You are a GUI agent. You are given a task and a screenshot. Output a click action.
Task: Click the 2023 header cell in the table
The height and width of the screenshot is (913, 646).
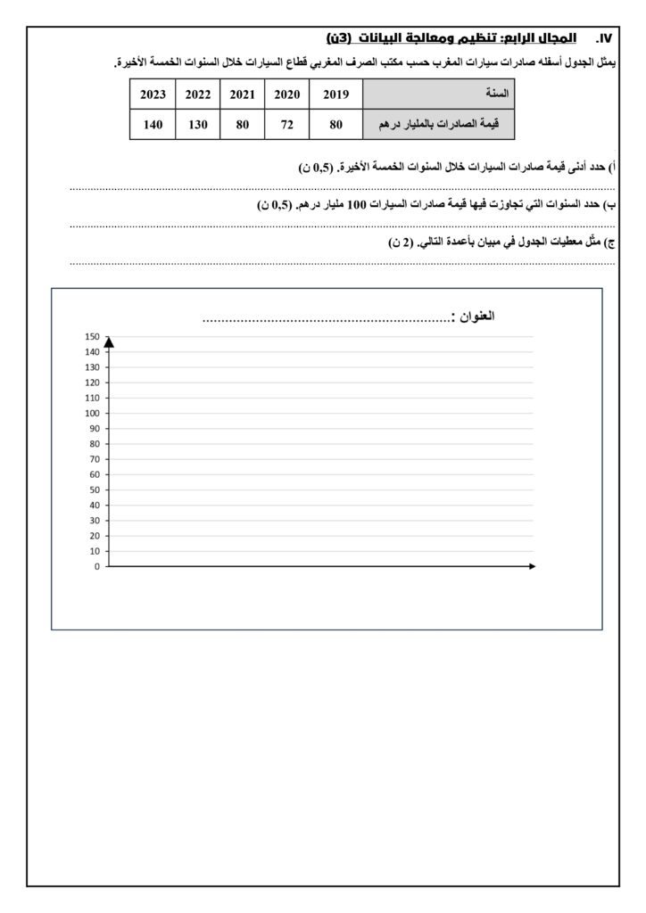(153, 94)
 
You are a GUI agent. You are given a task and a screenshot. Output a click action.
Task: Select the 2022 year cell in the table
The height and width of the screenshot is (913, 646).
(197, 94)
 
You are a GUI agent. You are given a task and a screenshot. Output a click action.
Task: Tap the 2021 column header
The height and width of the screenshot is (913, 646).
(242, 94)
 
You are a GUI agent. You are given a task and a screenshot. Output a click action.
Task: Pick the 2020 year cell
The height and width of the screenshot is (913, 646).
(286, 94)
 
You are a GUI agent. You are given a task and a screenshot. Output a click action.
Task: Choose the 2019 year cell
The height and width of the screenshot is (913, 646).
(335, 94)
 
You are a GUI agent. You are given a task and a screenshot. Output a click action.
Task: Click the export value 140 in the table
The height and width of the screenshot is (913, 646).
(153, 125)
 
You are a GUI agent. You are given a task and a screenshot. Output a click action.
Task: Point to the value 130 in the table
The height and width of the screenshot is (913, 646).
(197, 125)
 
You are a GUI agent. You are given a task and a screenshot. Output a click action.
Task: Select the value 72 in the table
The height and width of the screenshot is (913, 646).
(286, 125)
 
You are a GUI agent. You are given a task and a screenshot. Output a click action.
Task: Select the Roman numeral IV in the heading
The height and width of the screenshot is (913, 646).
(606, 39)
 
